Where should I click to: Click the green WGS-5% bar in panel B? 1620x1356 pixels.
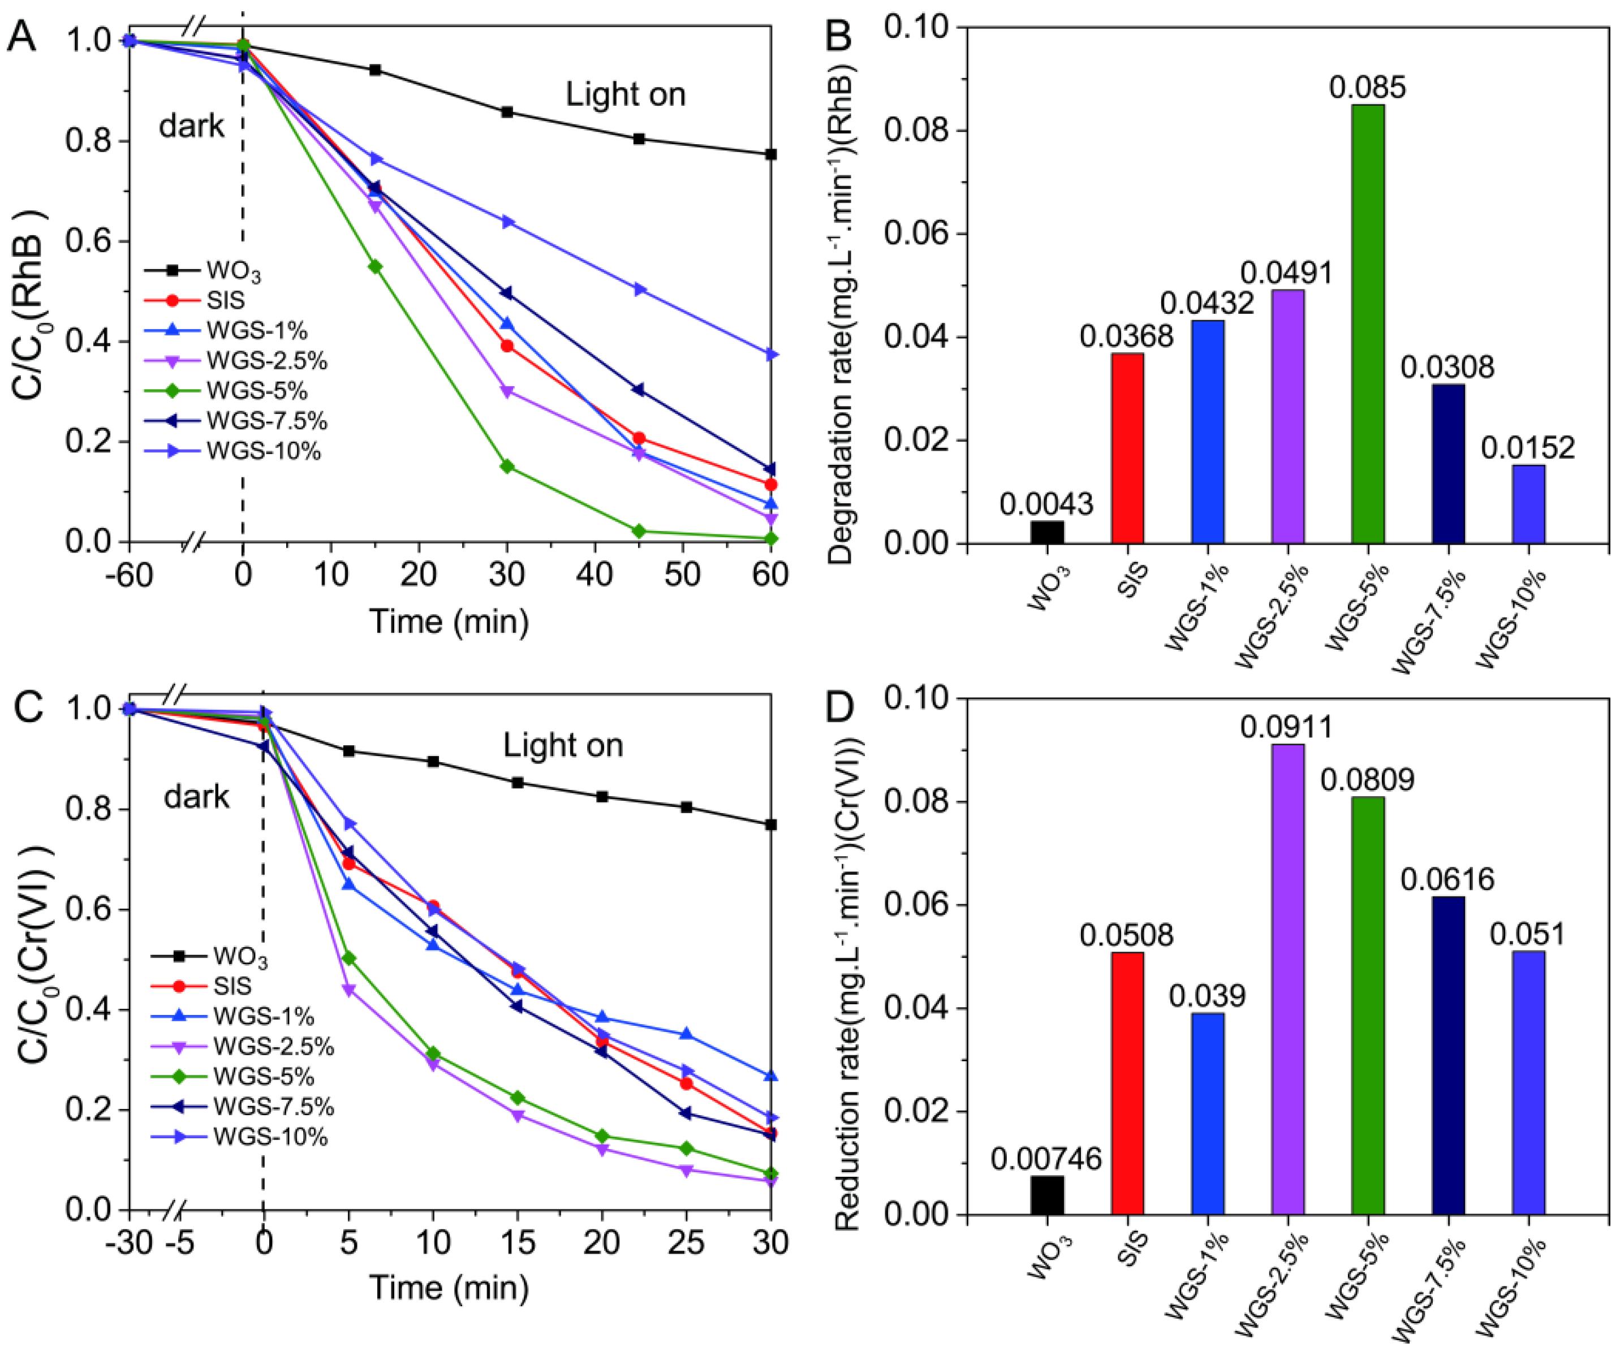pyautogui.click(x=1368, y=324)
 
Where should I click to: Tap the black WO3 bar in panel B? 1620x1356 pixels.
pyautogui.click(x=1047, y=532)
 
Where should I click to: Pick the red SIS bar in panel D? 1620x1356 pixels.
pyautogui.click(x=1128, y=1083)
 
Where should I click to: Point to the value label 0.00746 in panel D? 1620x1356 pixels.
pyautogui.click(x=1046, y=1159)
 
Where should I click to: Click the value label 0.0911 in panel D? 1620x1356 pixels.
pyautogui.click(x=1287, y=727)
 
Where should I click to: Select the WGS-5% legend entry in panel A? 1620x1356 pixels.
pyautogui.click(x=256, y=391)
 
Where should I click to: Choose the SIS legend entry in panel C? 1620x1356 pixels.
pyautogui.click(x=231, y=986)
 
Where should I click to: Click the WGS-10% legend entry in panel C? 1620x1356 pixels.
pyautogui.click(x=270, y=1137)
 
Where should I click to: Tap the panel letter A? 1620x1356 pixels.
pyautogui.click(x=21, y=36)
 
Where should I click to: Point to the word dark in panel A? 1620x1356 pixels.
pyautogui.click(x=191, y=126)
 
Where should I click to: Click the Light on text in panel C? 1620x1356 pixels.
pyautogui.click(x=563, y=745)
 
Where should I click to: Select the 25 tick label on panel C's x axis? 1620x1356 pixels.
pyautogui.click(x=686, y=1242)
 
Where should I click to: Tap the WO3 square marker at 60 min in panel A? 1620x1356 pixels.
pyautogui.click(x=770, y=154)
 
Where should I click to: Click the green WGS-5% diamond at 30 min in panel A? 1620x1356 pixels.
pyautogui.click(x=507, y=467)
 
